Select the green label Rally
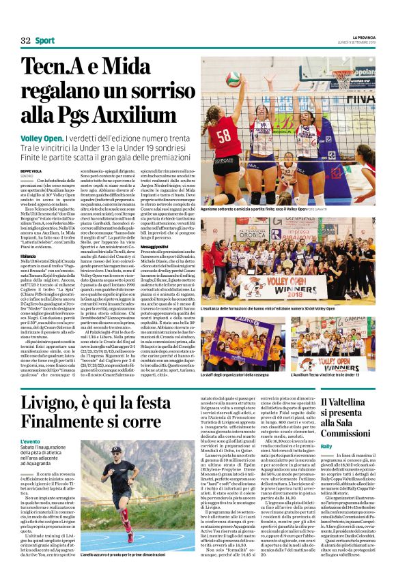tap(326, 445)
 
